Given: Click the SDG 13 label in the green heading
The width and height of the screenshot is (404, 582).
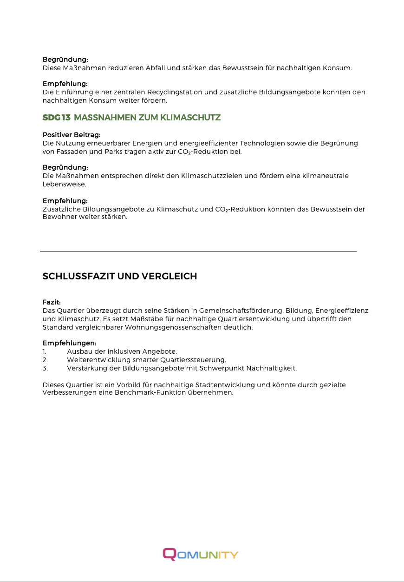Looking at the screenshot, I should tap(56, 118).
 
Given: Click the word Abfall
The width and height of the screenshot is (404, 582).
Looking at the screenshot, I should tap(156, 68).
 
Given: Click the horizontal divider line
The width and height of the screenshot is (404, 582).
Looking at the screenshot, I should tap(198, 251).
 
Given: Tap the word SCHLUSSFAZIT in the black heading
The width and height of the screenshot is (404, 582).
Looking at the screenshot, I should tap(78, 277).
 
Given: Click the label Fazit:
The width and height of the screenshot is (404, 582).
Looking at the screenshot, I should tap(52, 302).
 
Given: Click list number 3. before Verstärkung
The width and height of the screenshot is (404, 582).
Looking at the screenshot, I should tap(45, 368).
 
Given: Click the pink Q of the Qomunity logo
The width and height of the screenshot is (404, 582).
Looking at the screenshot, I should tap(169, 554).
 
